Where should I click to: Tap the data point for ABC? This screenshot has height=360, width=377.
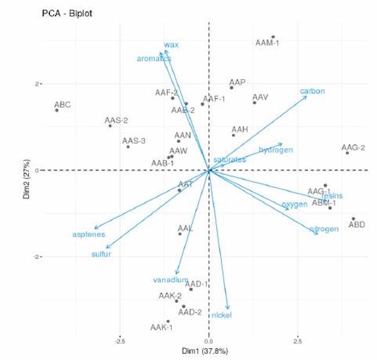pos(57,110)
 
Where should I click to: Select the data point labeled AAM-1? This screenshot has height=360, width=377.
pos(273,37)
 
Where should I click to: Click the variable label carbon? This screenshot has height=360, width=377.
pos(312,91)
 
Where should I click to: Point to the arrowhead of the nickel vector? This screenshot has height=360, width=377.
pos(228,309)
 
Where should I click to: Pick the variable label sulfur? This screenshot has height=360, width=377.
pos(101,254)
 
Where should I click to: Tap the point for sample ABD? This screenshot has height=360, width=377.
pos(353,219)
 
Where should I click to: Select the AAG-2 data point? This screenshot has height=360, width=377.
pos(347,153)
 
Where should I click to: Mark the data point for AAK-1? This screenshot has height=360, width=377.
pos(168,321)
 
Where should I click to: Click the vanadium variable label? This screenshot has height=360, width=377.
pos(171,280)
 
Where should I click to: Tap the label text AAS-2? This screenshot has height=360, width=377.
pos(116,121)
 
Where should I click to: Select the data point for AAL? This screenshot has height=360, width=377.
pos(180,233)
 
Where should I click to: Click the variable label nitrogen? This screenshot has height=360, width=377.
pos(324,229)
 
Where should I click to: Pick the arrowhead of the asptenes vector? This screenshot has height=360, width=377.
pos(95,228)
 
